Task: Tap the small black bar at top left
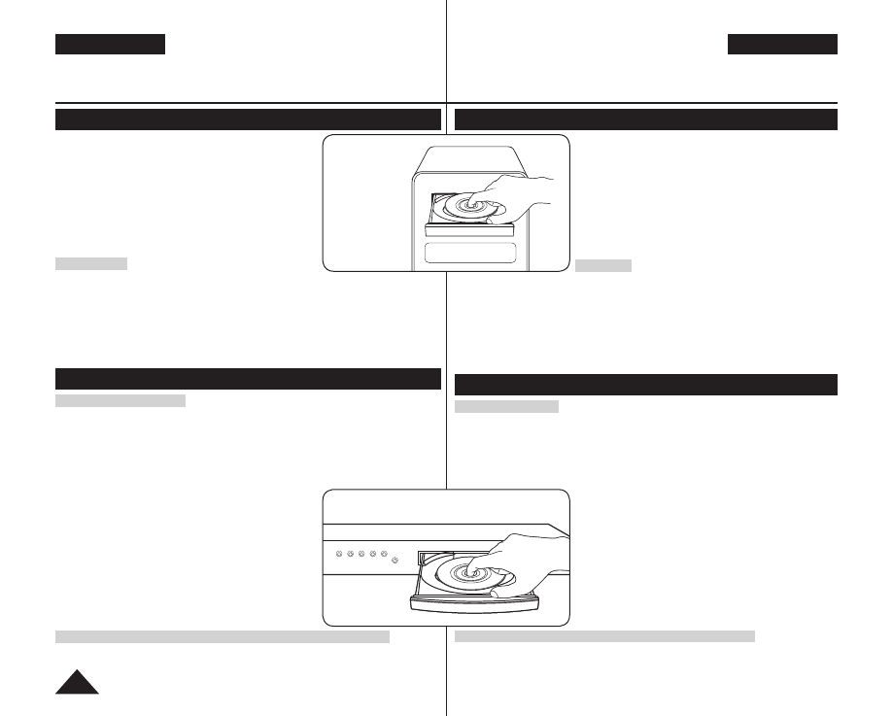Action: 110,45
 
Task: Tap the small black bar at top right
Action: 782,45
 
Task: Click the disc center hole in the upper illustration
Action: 470,205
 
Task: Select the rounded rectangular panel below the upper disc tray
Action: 470,255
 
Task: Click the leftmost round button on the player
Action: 339,554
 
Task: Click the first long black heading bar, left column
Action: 248,119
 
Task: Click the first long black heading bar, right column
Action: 646,119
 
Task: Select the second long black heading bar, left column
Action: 248,378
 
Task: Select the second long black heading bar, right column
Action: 646,384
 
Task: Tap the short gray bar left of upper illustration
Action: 91,263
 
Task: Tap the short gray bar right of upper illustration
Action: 602,265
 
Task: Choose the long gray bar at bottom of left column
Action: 223,636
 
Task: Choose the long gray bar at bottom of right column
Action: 604,636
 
